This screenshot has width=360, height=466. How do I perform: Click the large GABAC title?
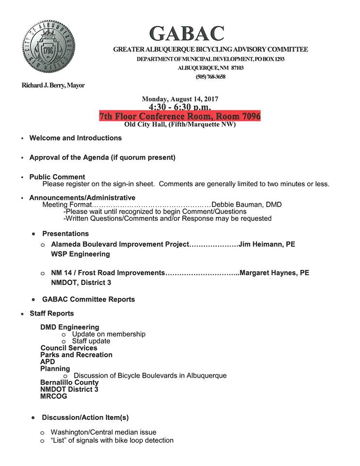click(x=187, y=33)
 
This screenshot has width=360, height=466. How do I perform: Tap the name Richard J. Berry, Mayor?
click(x=53, y=85)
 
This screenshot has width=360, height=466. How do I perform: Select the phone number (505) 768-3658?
click(x=211, y=77)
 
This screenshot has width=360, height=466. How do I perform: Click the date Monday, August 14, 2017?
click(x=180, y=99)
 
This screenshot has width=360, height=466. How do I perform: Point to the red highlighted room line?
click(x=180, y=116)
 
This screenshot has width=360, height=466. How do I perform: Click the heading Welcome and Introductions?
click(x=75, y=138)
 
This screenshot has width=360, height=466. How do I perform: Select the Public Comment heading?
click(x=57, y=177)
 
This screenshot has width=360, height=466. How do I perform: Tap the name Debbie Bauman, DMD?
click(x=246, y=205)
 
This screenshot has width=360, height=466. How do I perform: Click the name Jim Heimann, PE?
click(x=266, y=244)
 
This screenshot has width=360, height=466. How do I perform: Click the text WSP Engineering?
click(x=80, y=254)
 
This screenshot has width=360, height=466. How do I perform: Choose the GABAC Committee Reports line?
click(x=88, y=300)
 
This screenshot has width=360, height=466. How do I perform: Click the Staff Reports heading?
click(x=51, y=314)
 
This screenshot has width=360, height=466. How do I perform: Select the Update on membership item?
click(x=108, y=334)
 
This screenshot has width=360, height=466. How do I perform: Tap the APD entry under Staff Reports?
click(x=48, y=362)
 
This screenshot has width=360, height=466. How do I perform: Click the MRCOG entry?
click(x=53, y=396)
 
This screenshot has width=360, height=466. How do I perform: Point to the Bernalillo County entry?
click(x=69, y=383)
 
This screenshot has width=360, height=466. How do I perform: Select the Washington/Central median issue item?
click(x=103, y=432)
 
